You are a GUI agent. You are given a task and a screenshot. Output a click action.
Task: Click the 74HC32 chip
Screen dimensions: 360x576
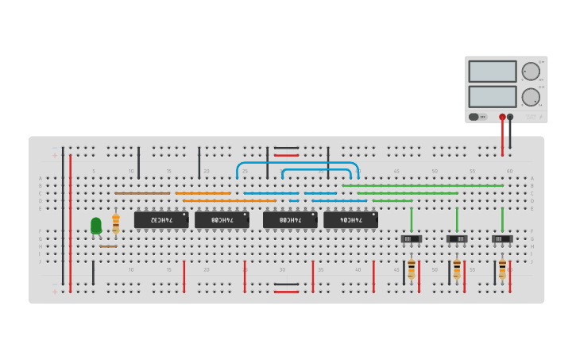point(161,219)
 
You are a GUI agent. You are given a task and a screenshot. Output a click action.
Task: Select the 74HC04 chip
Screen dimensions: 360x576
point(350,219)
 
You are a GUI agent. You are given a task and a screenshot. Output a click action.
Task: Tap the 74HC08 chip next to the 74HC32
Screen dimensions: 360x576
point(222,219)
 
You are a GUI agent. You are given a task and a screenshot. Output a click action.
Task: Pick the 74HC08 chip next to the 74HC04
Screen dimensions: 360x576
point(290,219)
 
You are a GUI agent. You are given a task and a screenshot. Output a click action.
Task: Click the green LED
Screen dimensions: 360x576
point(96,226)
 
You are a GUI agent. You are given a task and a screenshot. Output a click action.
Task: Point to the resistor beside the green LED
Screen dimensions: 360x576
point(116,223)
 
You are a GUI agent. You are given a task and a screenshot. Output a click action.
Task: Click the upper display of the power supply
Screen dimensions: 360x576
point(493,72)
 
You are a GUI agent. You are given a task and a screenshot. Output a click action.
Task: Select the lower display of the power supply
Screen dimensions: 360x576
point(493,97)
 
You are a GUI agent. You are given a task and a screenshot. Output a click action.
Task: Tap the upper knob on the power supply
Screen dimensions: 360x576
point(530,72)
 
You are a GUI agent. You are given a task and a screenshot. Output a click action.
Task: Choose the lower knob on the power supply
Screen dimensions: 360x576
point(530,97)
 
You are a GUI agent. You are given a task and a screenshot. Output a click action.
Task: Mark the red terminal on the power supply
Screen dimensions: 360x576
point(502,117)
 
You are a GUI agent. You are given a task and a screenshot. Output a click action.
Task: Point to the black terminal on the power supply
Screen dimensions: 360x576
point(510,117)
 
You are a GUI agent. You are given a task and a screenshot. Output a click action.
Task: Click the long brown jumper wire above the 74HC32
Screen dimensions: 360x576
point(143,193)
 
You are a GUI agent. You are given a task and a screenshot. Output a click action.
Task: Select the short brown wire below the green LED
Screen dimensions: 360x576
point(108,246)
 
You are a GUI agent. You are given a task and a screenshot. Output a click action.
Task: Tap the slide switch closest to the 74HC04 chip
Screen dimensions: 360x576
point(411,238)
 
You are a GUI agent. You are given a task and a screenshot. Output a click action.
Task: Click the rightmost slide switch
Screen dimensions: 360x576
point(502,238)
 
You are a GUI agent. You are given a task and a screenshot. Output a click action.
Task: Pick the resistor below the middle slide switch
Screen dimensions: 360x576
point(457,268)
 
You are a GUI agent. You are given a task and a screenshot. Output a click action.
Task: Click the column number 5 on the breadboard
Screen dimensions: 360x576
point(93,171)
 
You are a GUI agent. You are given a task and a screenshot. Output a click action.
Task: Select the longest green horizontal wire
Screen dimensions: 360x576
point(423,186)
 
